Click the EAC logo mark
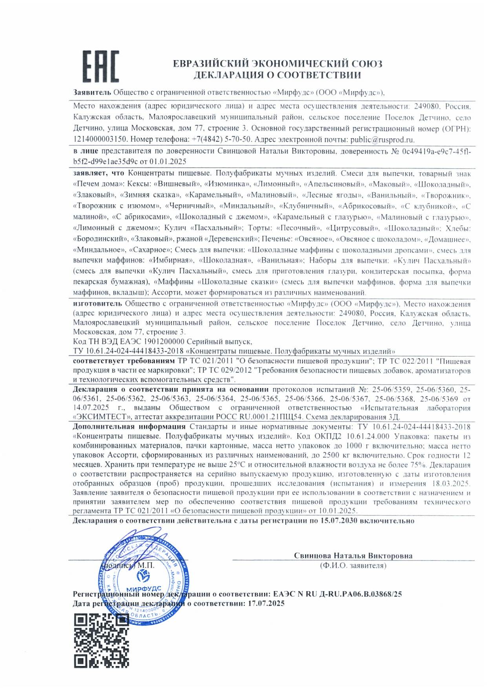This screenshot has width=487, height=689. coord(101,66)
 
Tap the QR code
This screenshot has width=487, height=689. coord(101,640)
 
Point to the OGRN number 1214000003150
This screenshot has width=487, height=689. coord(100,139)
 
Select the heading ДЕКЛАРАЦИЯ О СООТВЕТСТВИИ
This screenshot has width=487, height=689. coord(277,75)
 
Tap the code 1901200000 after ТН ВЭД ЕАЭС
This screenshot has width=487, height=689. coord(164,342)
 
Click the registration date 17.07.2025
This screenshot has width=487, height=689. coord(266,603)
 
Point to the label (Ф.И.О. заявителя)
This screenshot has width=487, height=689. coord(353,566)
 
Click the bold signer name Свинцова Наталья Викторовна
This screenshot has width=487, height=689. coord(353,555)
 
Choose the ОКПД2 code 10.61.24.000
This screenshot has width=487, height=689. coord(368,436)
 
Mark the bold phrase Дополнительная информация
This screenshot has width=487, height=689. coord(129,427)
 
